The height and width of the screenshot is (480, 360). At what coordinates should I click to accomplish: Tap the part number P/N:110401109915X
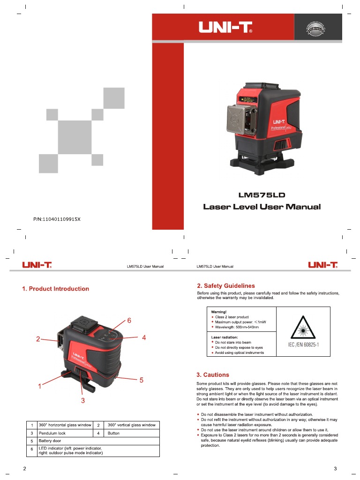pyautogui.click(x=57, y=219)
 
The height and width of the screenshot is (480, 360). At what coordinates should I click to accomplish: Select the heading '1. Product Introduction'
pyautogui.click(x=55, y=289)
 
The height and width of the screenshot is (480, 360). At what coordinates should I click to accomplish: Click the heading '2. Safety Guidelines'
pyautogui.click(x=226, y=285)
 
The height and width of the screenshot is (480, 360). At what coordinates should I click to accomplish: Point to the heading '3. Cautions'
pyautogui.click(x=213, y=375)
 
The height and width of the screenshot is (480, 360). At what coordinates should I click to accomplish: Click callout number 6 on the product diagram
pyautogui.click(x=129, y=321)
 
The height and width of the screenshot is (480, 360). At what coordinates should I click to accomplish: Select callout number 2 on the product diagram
pyautogui.click(x=38, y=339)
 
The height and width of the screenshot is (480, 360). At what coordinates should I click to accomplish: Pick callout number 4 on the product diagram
pyautogui.click(x=144, y=337)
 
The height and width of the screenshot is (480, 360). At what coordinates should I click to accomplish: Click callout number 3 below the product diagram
pyautogui.click(x=83, y=400)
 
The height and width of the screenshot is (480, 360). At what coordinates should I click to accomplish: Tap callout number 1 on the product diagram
pyautogui.click(x=40, y=387)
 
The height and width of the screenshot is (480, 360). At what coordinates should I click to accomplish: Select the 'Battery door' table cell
pyautogui.click(x=49, y=441)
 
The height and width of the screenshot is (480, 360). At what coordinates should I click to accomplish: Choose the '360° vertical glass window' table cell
pyautogui.click(x=132, y=425)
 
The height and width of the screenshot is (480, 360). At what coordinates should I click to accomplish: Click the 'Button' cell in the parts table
pyautogui.click(x=114, y=433)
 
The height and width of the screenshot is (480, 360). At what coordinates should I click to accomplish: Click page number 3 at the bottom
pyautogui.click(x=335, y=469)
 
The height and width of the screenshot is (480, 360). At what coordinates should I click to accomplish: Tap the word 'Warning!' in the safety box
pyautogui.click(x=219, y=311)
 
